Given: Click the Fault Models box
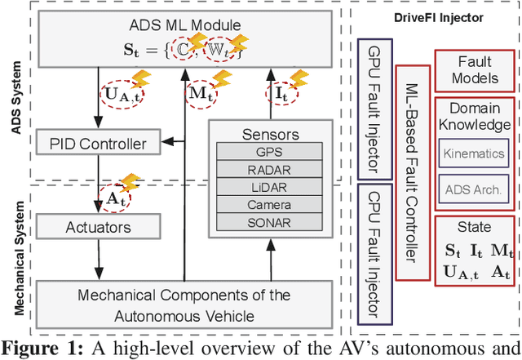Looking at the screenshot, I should tap(473, 70).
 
